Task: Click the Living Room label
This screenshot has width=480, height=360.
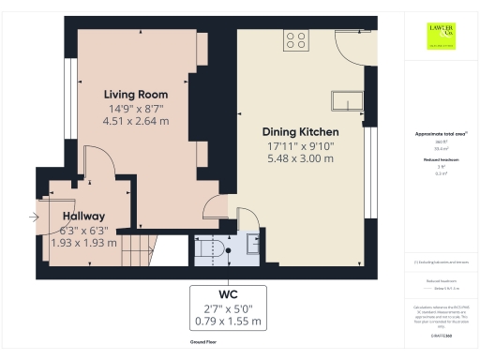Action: (136, 95)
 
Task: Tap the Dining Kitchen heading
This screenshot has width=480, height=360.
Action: (297, 133)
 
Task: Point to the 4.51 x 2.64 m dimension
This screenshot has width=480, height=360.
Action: (136, 121)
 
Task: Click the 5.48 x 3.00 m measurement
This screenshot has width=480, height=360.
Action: (297, 158)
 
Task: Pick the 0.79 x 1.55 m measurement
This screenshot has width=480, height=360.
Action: (228, 322)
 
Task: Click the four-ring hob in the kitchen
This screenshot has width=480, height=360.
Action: (296, 39)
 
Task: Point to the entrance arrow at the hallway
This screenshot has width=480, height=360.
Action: (36, 217)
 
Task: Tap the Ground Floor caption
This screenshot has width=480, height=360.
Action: (210, 344)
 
